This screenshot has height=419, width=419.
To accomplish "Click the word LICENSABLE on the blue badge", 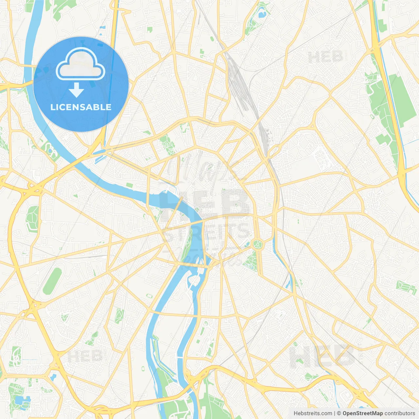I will tap(81, 107).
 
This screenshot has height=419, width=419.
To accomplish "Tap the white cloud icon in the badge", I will tap(81, 64).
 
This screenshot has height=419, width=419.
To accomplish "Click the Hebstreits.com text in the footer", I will tap(313, 413).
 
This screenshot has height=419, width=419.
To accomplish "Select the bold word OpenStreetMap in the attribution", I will tap(362, 413).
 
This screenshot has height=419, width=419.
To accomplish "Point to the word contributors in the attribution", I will tap(400, 413).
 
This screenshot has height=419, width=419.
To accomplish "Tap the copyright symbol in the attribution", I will tap(339, 413).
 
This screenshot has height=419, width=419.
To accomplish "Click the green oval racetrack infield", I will tap(52, 281).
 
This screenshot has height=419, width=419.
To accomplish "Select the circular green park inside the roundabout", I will tap(258, 244).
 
